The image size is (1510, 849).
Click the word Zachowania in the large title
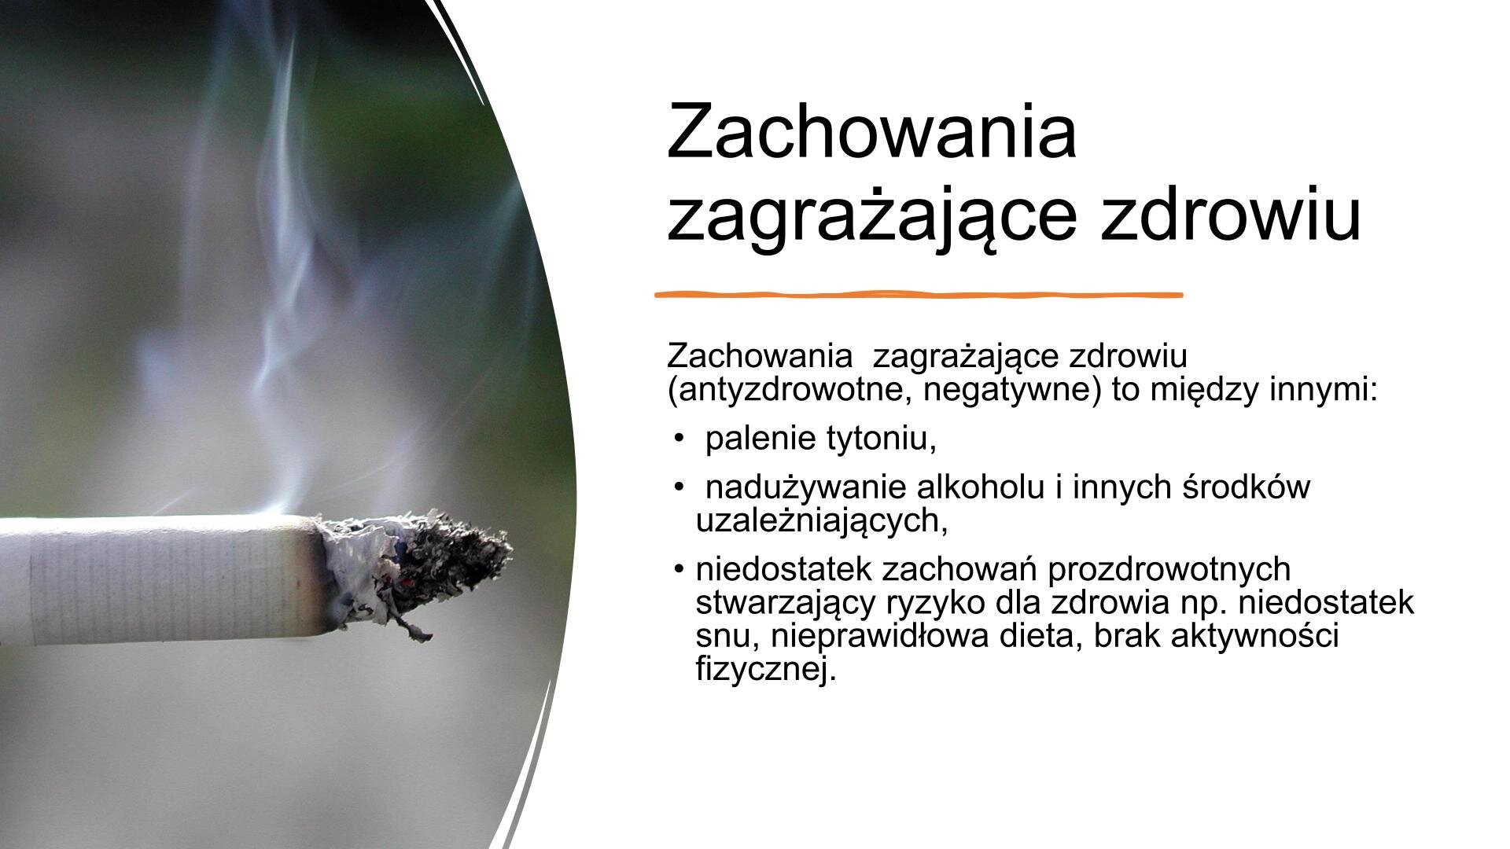point(871,130)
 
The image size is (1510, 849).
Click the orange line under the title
point(919,295)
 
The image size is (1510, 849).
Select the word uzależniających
point(822,521)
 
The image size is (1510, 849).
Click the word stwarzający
point(786,604)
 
